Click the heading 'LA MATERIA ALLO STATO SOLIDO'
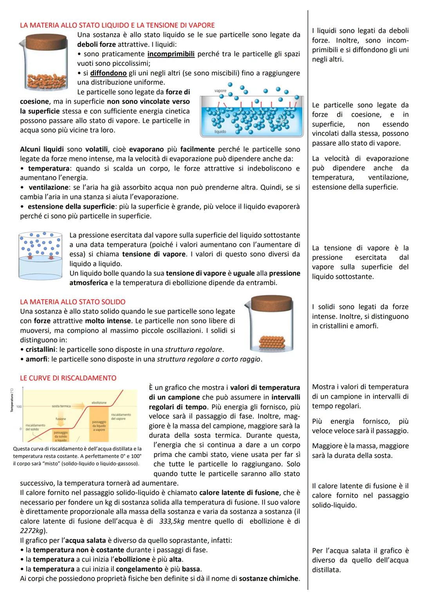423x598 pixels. (x=72, y=302)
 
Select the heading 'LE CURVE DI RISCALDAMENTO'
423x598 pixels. (x=68, y=378)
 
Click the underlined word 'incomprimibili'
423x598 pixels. (x=171, y=54)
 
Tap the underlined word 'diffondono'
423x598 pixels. (x=108, y=73)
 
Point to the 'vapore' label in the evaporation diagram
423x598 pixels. (x=221, y=91)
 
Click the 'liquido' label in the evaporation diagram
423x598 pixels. (x=220, y=132)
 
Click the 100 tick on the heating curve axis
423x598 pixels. (x=18, y=406)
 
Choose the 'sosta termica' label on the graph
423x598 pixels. (x=61, y=406)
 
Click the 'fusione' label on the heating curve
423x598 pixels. (x=61, y=419)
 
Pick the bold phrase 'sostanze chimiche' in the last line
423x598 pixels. (x=269, y=578)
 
